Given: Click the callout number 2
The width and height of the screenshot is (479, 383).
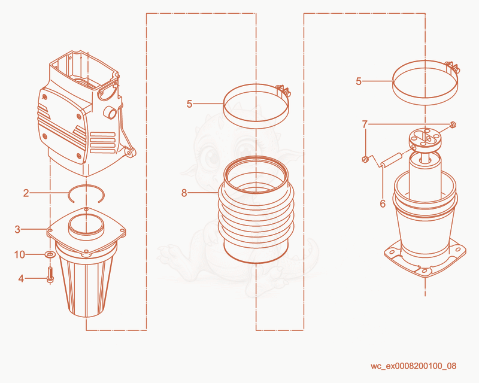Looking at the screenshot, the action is tap(26, 193).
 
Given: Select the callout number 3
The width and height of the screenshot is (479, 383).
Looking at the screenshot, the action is tap(17, 229).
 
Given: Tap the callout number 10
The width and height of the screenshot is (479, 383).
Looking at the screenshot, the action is tap(20, 254).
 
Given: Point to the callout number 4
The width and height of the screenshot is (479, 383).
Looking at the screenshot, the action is tap(21, 278).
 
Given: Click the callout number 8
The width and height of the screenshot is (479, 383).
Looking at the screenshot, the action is tap(184, 193).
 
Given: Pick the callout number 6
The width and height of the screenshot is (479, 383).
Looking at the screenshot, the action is tap(383, 203).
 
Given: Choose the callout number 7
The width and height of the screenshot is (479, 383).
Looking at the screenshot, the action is tap(365, 124).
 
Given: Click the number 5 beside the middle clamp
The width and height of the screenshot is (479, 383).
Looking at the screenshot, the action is tap(189, 104).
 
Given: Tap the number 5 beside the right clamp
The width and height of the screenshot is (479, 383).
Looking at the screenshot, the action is tap(359, 81).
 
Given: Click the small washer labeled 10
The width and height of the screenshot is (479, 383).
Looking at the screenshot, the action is tap(50, 254).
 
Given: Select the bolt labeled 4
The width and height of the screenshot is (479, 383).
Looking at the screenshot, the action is tap(50, 275).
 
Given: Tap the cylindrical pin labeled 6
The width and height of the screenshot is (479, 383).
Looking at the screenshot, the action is tap(391, 160).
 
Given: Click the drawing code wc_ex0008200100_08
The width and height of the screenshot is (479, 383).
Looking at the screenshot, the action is tap(413, 366).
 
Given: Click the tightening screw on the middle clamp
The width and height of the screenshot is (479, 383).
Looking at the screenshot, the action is tap(283, 90).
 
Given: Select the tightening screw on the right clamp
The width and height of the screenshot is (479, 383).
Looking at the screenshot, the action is tap(453, 67).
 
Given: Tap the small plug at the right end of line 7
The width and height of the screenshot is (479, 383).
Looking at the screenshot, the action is tap(453, 124).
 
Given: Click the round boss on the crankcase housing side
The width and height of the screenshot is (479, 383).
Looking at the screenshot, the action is tap(110, 113).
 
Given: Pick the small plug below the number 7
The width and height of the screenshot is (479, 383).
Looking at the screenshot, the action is tap(365, 159).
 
